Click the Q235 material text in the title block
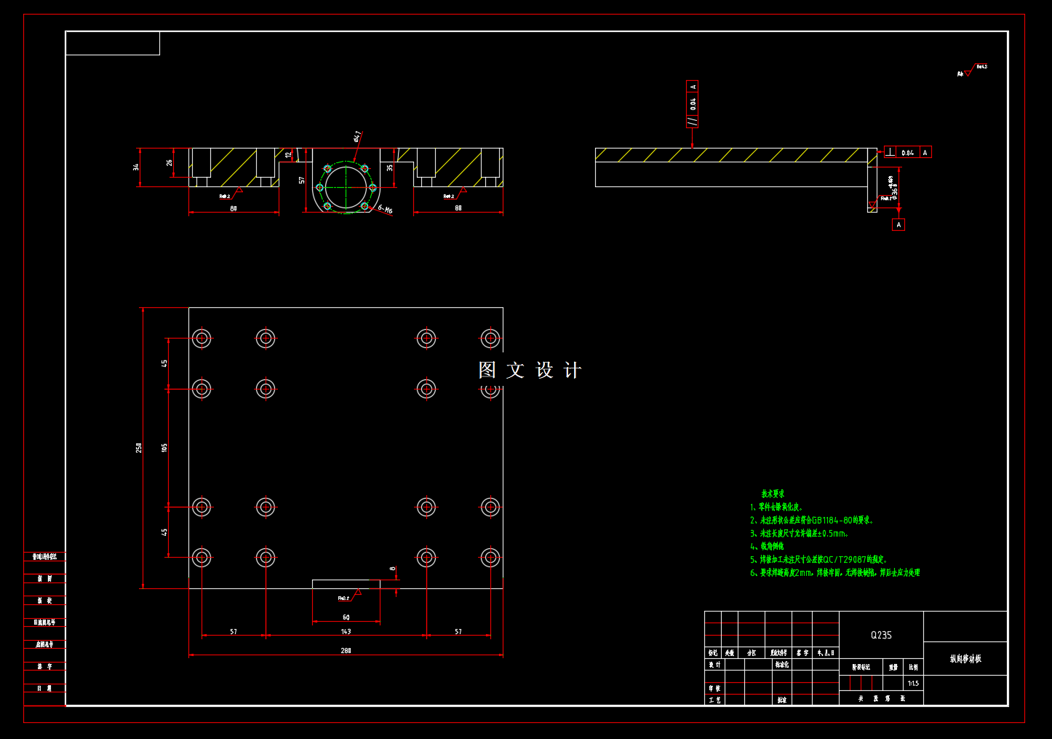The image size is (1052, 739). (x=881, y=635)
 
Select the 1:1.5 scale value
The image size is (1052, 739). (x=913, y=684)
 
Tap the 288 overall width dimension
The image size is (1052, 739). (x=346, y=650)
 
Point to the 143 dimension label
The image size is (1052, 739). (x=346, y=631)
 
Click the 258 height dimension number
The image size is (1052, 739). (x=139, y=448)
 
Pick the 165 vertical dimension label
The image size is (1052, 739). (x=165, y=448)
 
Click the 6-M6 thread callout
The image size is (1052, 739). (x=386, y=210)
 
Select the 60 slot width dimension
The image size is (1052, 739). (x=346, y=617)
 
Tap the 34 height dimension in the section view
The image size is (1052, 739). (x=136, y=167)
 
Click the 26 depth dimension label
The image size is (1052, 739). (x=170, y=163)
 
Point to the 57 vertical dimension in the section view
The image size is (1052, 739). (x=302, y=180)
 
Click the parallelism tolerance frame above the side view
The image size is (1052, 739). (x=693, y=103)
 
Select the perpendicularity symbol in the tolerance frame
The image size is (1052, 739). (x=890, y=152)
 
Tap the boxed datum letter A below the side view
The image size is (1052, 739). (x=898, y=225)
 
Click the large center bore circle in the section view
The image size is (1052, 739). (x=346, y=187)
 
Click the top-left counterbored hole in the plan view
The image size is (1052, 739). (x=202, y=338)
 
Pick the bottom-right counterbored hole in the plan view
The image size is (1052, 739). (x=490, y=558)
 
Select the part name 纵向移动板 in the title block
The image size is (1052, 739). (x=965, y=659)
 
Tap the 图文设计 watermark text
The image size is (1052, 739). (x=530, y=371)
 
